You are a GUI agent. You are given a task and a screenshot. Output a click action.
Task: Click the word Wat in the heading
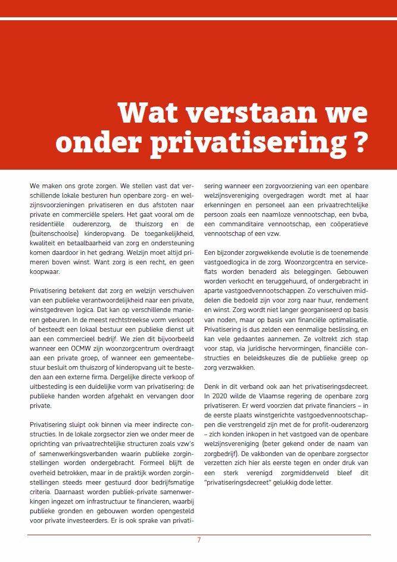click(x=146, y=113)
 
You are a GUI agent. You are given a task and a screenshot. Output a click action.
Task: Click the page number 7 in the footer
click(x=199, y=540)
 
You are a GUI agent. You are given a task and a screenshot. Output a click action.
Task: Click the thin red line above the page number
click(x=199, y=534)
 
